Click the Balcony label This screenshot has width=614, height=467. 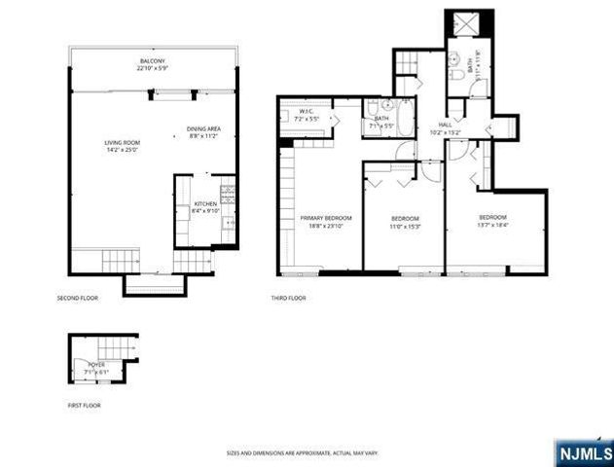(x=152, y=60)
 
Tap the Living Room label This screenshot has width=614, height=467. (x=123, y=143)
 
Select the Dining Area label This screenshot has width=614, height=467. (x=204, y=130)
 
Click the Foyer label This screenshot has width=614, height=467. (x=97, y=364)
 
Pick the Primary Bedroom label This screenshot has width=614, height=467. (x=325, y=217)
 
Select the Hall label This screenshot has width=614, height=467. (x=445, y=125)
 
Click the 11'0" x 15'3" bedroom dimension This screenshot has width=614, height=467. (x=405, y=225)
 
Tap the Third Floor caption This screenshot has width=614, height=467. (x=290, y=298)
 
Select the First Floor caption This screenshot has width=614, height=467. (x=84, y=405)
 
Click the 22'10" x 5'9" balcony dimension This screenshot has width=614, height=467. (x=152, y=67)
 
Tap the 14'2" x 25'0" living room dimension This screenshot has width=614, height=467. (x=123, y=151)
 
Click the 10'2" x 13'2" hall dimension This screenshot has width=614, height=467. (x=445, y=132)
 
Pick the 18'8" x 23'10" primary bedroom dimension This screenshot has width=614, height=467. (x=325, y=225)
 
